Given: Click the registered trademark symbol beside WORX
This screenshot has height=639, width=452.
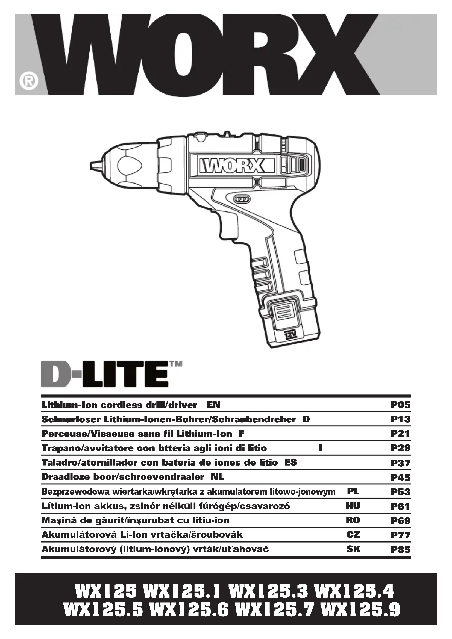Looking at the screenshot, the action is click(29, 81).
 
